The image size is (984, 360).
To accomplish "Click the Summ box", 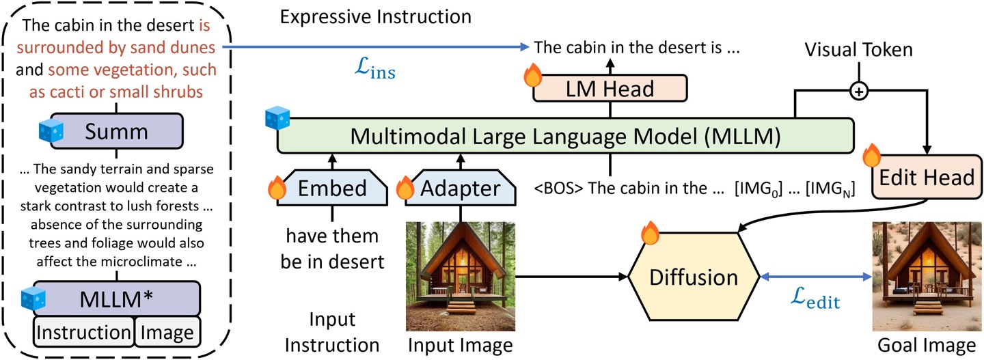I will pyautogui.click(x=115, y=131).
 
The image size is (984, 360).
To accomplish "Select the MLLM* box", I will pyautogui.click(x=117, y=298).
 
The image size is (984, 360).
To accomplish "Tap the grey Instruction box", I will pyautogui.click(x=84, y=332).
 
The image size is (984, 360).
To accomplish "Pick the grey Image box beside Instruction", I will pyautogui.click(x=167, y=332).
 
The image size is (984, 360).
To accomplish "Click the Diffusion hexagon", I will pyautogui.click(x=693, y=277).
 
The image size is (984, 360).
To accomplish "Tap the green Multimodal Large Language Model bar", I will pyautogui.click(x=565, y=136).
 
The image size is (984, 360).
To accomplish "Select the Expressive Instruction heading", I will pyautogui.click(x=376, y=15).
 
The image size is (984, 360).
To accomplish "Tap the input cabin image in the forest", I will pyautogui.click(x=460, y=277).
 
